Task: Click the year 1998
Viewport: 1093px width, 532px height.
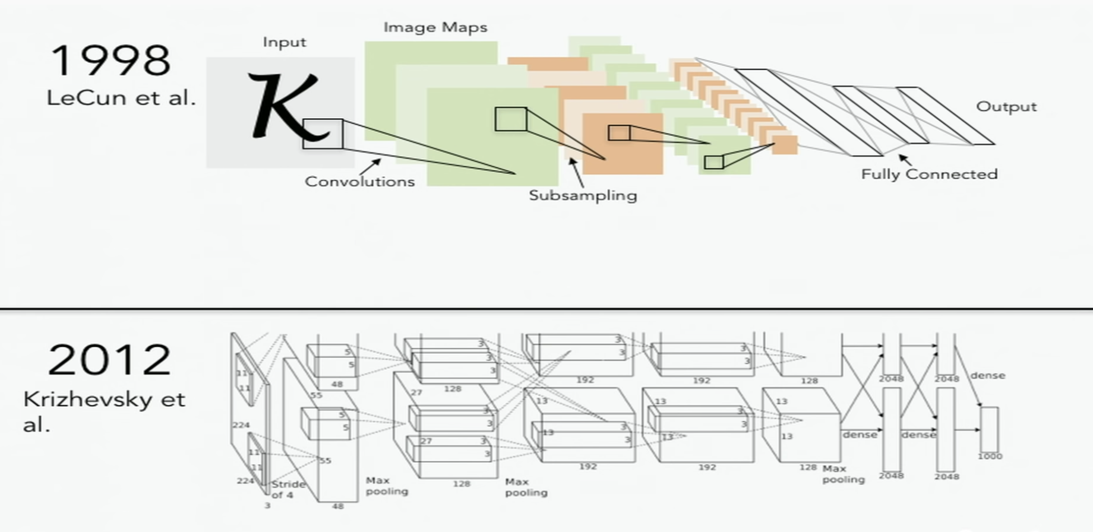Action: pyautogui.click(x=110, y=61)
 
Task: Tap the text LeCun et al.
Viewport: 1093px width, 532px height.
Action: pyautogui.click(x=121, y=98)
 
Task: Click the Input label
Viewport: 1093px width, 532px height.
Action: pyautogui.click(x=285, y=42)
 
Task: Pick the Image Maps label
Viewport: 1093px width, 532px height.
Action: pyautogui.click(x=435, y=27)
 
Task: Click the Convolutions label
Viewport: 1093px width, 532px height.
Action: pyautogui.click(x=359, y=182)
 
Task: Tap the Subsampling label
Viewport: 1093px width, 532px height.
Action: pyautogui.click(x=583, y=195)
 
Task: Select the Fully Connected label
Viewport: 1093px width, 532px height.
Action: pyautogui.click(x=929, y=175)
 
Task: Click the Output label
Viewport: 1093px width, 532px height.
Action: pyautogui.click(x=1006, y=107)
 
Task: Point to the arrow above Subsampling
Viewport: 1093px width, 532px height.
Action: pyautogui.click(x=574, y=169)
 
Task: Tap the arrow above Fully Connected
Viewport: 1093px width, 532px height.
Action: pyautogui.click(x=904, y=159)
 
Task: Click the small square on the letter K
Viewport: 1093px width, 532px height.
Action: pyautogui.click(x=323, y=134)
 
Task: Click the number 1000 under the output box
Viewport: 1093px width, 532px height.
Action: pyautogui.click(x=990, y=457)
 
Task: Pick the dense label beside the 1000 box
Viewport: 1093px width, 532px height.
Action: pyautogui.click(x=987, y=375)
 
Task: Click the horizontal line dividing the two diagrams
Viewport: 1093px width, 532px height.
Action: pyautogui.click(x=546, y=308)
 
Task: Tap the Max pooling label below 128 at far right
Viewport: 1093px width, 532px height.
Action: pyautogui.click(x=843, y=474)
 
